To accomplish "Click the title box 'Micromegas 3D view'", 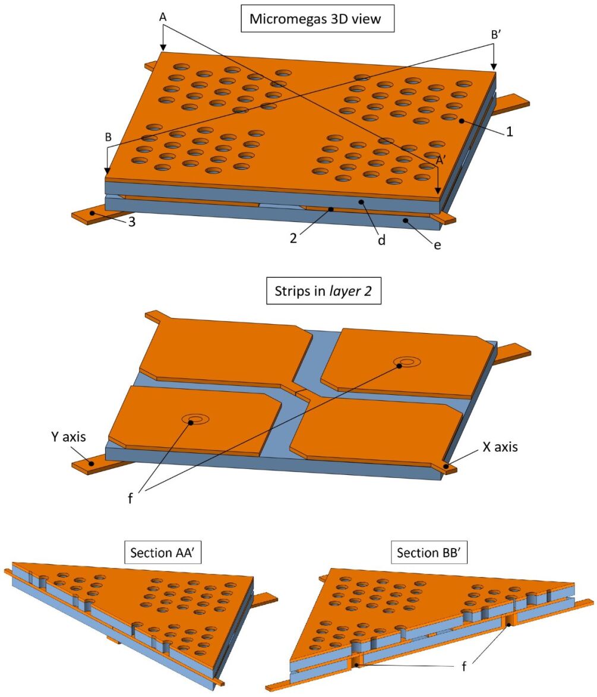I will pos(314,18).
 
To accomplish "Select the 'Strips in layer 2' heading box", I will pos(324,292).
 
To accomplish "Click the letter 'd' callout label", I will pos(382,240).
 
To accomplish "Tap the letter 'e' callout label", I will pos(437,244).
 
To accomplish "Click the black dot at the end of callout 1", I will pos(461,121).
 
